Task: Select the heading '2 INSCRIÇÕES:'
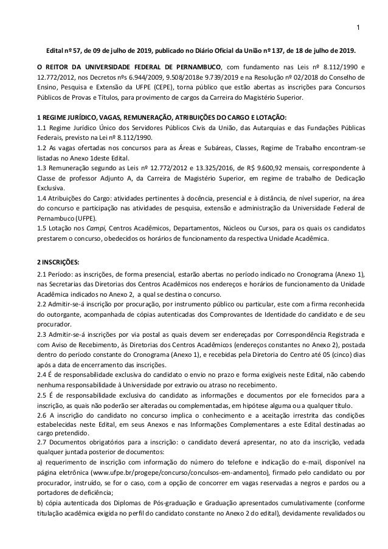click(x=58, y=262)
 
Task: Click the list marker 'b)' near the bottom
click(x=41, y=504)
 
